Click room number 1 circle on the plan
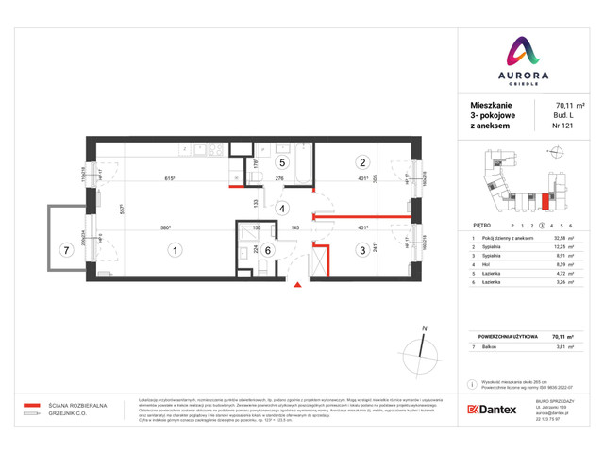[174, 250]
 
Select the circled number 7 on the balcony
[64, 250]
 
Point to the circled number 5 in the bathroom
[268, 162]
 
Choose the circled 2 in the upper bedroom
[361, 161]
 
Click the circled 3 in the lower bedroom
[361, 250]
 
